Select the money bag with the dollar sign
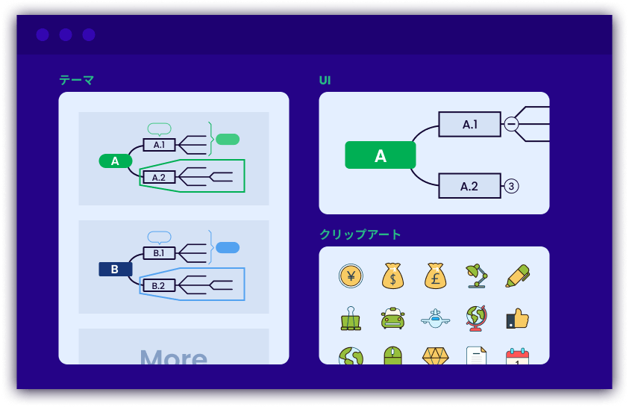[392, 276]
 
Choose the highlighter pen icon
[517, 276]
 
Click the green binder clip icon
[350, 318]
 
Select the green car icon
[392, 319]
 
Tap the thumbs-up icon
[517, 319]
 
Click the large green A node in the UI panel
[380, 155]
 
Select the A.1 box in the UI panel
[469, 125]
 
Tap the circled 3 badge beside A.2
[511, 186]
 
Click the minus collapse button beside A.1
[511, 125]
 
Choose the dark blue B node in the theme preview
[115, 269]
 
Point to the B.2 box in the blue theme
[158, 285]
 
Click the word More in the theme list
[173, 356]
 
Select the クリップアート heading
[360, 234]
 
